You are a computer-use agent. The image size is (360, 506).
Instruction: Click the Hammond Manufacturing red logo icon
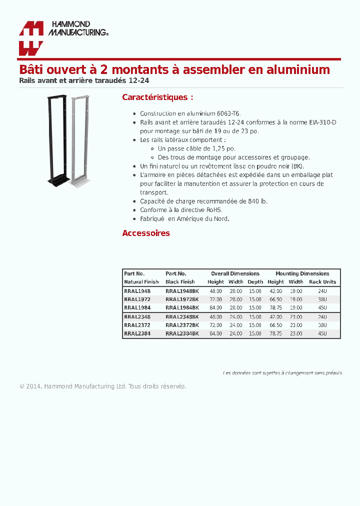pos(31,38)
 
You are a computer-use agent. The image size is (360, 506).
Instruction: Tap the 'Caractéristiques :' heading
pos(157,97)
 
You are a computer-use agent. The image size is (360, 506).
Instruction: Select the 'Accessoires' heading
pos(146,233)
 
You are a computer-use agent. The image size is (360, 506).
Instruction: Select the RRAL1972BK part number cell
pos(182,299)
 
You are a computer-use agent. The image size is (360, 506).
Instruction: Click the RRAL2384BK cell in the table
pos(182,333)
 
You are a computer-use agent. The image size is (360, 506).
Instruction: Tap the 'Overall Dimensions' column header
pos(235,273)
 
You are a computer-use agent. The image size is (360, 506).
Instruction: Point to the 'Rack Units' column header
pos(322,282)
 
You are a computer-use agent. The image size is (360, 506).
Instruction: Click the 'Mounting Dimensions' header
pos(302,273)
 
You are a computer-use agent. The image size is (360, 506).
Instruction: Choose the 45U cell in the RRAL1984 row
pos(322,308)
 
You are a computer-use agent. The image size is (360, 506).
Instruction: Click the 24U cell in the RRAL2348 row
pos(322,317)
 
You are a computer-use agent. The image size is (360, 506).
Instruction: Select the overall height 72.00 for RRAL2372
pos(215,325)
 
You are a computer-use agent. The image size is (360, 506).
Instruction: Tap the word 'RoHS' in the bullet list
pos(214,210)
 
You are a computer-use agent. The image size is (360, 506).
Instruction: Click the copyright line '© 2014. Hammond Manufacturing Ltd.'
pos(73,386)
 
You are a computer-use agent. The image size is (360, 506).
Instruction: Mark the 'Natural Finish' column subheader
pos(141,282)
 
